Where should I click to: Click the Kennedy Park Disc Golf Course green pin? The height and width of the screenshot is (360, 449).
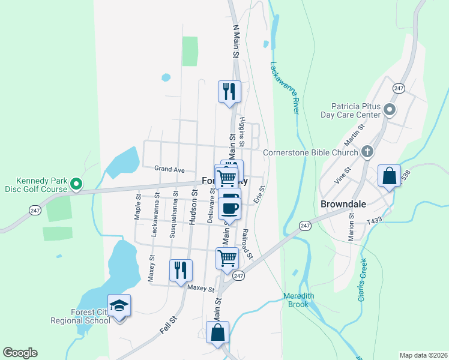click(76, 184)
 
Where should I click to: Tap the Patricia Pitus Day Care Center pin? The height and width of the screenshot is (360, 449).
click(389, 110)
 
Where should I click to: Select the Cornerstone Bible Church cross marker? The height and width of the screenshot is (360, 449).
click(367, 152)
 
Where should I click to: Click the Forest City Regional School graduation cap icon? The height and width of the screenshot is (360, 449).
click(119, 305)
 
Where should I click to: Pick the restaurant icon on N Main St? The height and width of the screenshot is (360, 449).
click(229, 91)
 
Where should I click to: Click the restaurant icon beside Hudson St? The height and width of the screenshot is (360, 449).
click(181, 270)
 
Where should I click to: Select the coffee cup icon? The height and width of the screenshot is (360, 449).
click(229, 208)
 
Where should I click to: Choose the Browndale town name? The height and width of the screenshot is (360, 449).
click(343, 204)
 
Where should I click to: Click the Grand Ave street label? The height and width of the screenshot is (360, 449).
click(169, 170)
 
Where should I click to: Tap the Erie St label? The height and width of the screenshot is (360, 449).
click(259, 194)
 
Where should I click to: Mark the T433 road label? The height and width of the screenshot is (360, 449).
click(375, 221)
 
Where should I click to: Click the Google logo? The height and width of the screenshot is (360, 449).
click(20, 353)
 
